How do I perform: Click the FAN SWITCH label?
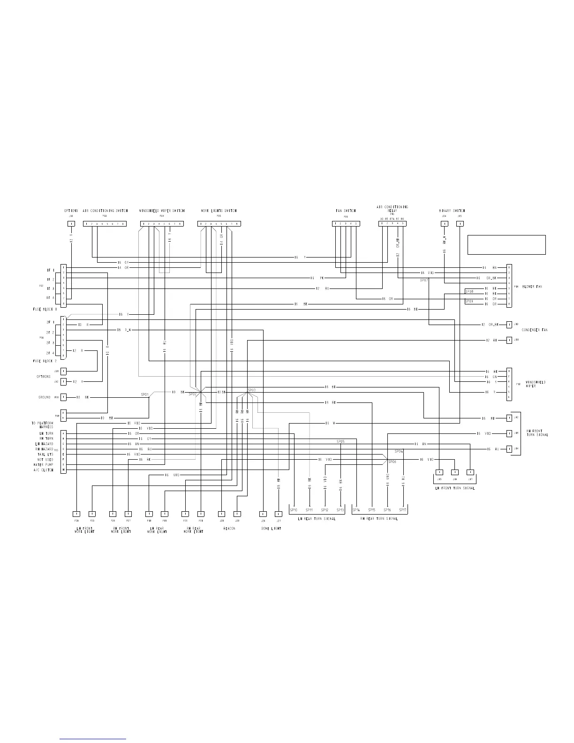pos(346,211)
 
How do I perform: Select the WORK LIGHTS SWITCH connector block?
pos(219,224)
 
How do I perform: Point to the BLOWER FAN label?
pos(532,287)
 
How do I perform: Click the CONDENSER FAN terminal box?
pos(509,325)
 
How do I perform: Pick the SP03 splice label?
pos(252,390)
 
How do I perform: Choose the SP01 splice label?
pos(145,395)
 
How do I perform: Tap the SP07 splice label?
pos(424,280)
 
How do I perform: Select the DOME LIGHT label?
pos(271,529)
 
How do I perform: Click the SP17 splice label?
pos(403,510)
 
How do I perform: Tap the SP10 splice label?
pos(294,510)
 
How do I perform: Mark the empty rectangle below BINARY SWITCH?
pos(506,245)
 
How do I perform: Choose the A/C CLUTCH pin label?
pos(44,470)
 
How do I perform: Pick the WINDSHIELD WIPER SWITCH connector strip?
pos(162,224)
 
